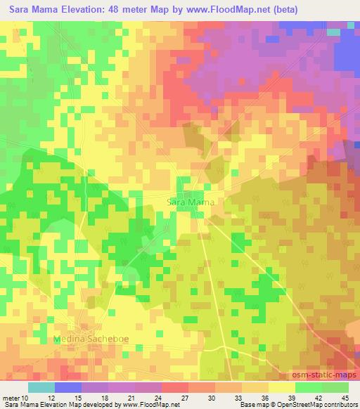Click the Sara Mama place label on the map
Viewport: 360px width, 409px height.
pos(191,202)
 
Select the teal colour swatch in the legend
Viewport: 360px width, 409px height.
pos(41,387)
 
